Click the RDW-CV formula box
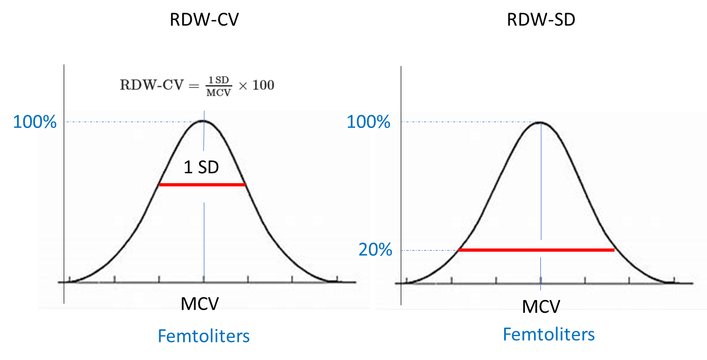pyautogui.click(x=200, y=81)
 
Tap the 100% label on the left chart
pyautogui.click(x=35, y=122)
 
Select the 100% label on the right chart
pyautogui.click(x=368, y=122)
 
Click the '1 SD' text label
pyautogui.click(x=201, y=168)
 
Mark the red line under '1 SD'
pyautogui.click(x=202, y=185)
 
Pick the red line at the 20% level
pyautogui.click(x=536, y=250)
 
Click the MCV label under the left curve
pyautogui.click(x=200, y=303)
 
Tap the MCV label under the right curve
pyautogui.click(x=541, y=306)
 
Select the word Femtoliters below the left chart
pyautogui.click(x=203, y=336)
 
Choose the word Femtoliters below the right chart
pyautogui.click(x=548, y=335)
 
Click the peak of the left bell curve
pyautogui.click(x=203, y=121)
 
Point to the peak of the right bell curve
pyautogui.click(x=540, y=122)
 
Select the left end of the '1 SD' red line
pyautogui.click(x=160, y=185)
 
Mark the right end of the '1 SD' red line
pyautogui.click(x=245, y=185)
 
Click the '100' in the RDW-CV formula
pyautogui.click(x=263, y=85)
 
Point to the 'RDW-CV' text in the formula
pyautogui.click(x=142, y=85)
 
